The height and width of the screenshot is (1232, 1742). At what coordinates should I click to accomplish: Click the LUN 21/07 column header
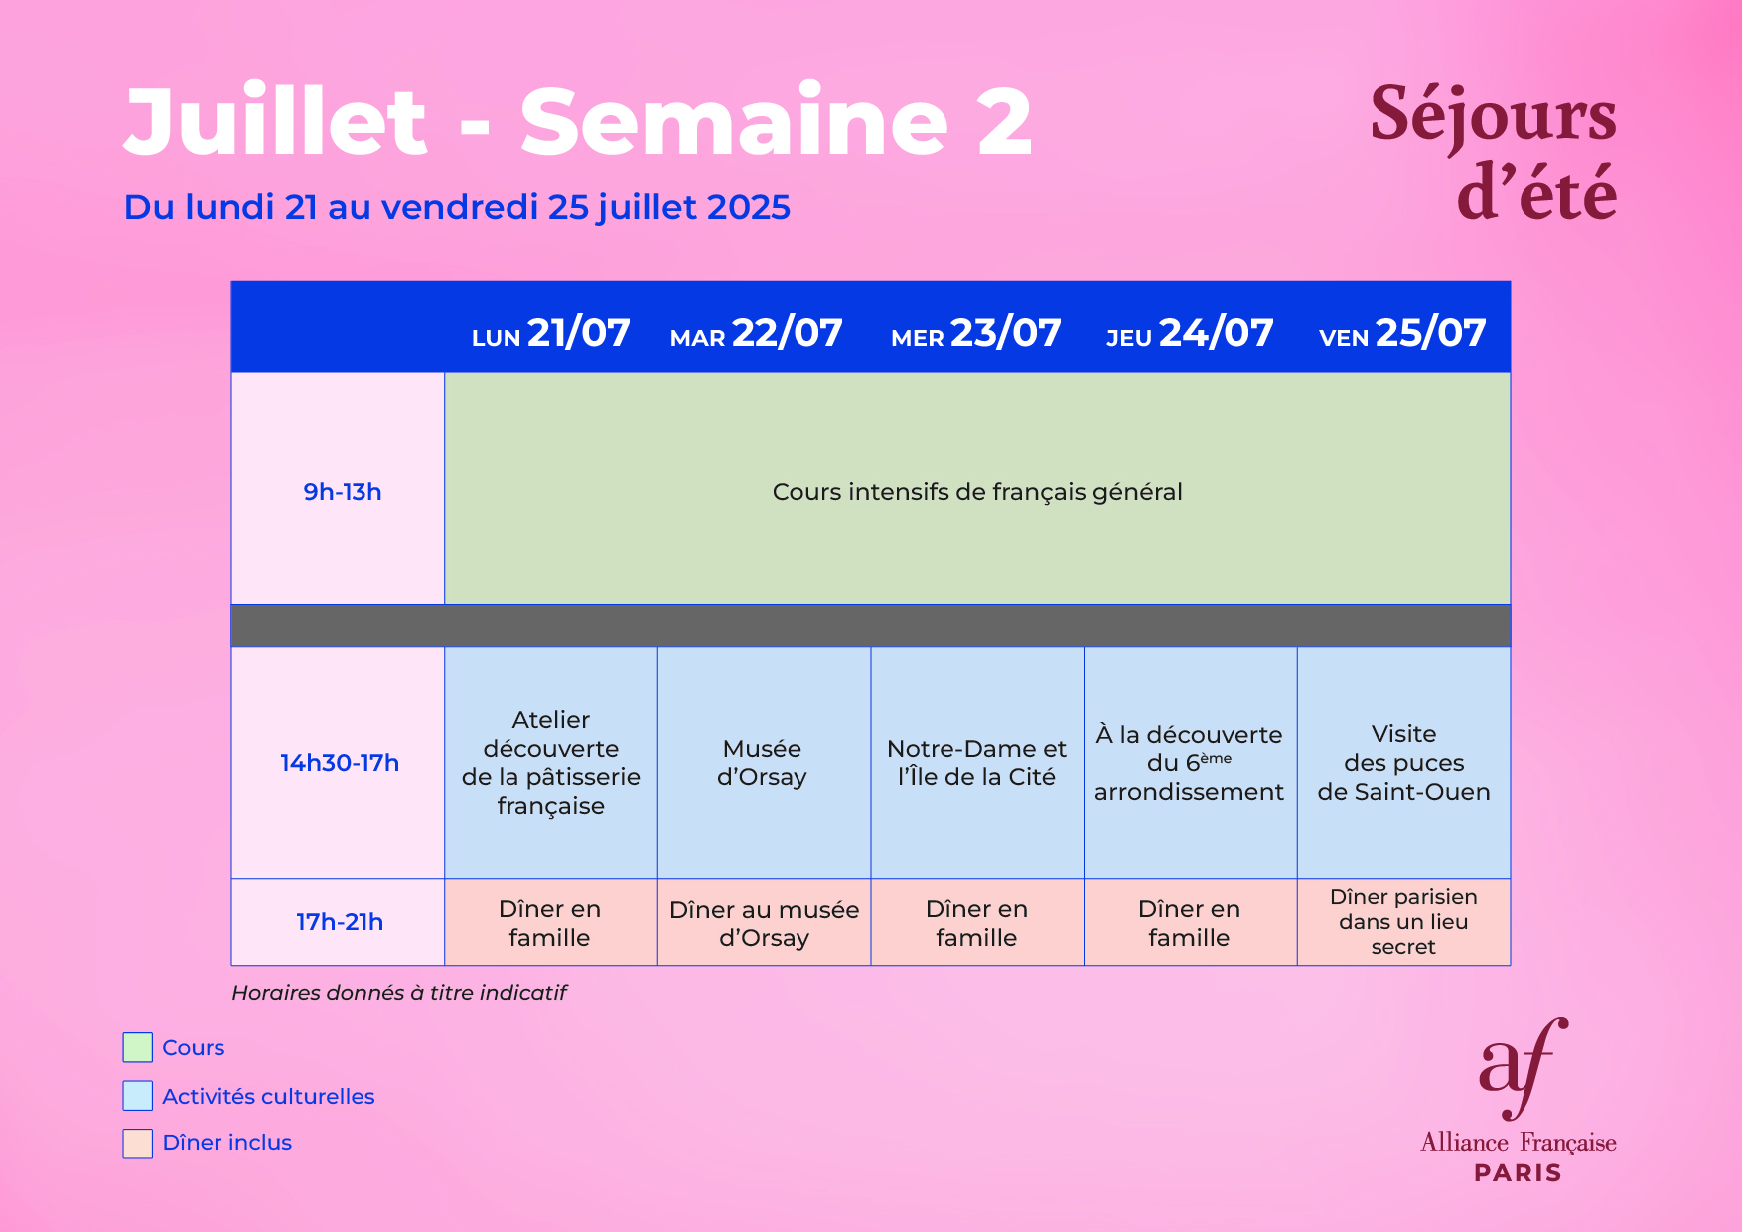tap(550, 333)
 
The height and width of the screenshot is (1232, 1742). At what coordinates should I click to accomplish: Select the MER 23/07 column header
tap(976, 333)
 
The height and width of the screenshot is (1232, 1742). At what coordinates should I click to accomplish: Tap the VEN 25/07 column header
tap(1402, 333)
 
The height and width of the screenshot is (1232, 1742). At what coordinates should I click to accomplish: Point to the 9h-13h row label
tap(343, 492)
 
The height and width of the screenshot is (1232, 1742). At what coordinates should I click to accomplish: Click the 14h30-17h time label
tap(340, 763)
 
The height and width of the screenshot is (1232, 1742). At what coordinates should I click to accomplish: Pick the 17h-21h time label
tap(340, 922)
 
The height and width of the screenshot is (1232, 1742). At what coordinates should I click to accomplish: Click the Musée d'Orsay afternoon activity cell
tap(764, 763)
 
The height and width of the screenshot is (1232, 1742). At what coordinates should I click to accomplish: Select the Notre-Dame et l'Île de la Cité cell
tap(977, 763)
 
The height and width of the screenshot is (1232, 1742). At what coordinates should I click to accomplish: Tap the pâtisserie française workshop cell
tap(551, 763)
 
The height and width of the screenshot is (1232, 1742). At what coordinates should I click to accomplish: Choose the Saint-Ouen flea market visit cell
tap(1403, 763)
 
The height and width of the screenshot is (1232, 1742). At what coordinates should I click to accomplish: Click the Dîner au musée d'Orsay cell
tap(764, 922)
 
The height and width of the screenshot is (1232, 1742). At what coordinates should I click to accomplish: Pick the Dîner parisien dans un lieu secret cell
tap(1403, 922)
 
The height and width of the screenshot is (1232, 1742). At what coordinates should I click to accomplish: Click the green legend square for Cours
tap(137, 1047)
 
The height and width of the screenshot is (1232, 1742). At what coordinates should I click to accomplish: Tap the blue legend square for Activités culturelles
tap(137, 1095)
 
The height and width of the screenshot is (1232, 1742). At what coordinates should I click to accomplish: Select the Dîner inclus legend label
tap(227, 1143)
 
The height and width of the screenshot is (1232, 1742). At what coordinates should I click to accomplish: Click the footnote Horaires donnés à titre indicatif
tap(399, 993)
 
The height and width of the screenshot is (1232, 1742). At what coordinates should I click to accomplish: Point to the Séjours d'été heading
tap(1493, 151)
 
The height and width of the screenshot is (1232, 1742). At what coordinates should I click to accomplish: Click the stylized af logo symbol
tap(1523, 1069)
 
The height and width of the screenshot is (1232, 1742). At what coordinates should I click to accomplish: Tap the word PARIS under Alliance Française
tap(1518, 1173)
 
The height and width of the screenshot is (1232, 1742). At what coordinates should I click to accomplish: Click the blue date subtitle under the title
tap(457, 208)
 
